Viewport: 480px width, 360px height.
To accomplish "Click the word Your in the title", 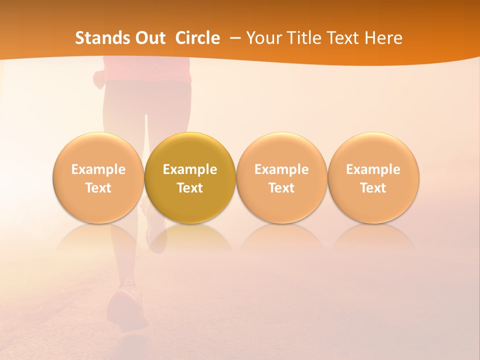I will [262, 38].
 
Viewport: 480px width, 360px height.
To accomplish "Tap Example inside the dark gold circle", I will [190, 169].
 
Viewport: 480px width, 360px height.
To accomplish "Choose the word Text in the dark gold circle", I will [190, 188].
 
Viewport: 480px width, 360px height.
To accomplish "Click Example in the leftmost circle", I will [98, 169].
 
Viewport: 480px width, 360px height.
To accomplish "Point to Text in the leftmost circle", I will [98, 188].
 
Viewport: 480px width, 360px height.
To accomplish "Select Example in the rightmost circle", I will [373, 169].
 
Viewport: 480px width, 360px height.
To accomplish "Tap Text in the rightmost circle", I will [373, 188].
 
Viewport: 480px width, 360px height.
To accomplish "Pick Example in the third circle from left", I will [281, 169].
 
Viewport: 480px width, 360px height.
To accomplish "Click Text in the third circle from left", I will [281, 188].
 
